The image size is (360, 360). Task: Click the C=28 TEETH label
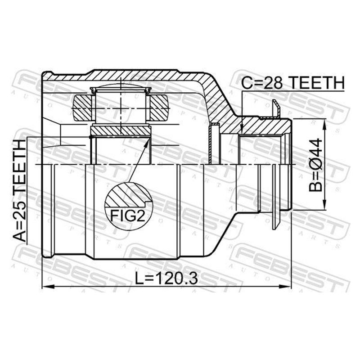coord(293,83)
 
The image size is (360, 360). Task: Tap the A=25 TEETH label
coord(19,190)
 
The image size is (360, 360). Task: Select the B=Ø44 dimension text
coord(316,165)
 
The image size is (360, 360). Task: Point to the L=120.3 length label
coord(166,279)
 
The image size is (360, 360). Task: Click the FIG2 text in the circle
coord(128,216)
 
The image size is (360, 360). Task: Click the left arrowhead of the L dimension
coord(48,287)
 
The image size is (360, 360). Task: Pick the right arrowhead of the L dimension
coord(285,287)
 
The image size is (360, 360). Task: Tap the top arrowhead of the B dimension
coord(324,125)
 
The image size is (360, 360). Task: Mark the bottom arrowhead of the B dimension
coord(324,204)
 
